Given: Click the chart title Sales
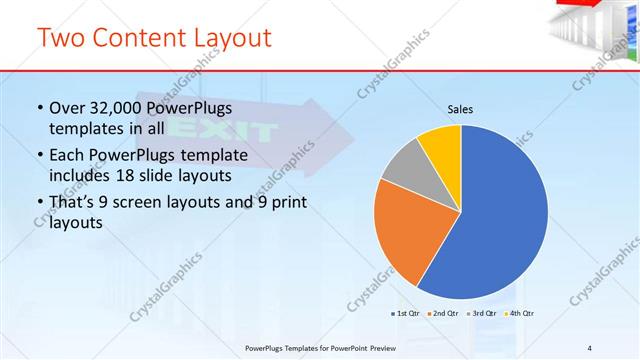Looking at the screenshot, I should [460, 109].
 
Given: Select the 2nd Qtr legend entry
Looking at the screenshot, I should [444, 313].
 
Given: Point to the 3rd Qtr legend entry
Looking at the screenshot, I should [483, 313].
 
